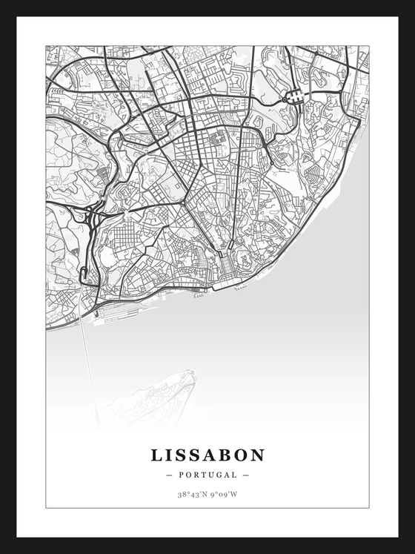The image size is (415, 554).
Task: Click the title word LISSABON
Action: pyautogui.click(x=207, y=455)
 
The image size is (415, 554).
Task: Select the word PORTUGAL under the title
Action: pyautogui.click(x=207, y=475)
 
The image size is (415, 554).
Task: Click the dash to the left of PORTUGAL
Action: pyautogui.click(x=170, y=475)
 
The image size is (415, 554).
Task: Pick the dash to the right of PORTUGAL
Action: pyautogui.click(x=246, y=475)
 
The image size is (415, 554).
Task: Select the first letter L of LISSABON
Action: pyautogui.click(x=157, y=455)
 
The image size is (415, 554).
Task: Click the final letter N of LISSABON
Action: pyautogui.click(x=258, y=455)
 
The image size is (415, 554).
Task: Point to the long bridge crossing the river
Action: pyautogui.click(x=89, y=363)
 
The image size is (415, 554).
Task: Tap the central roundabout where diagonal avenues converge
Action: pyautogui.click(x=182, y=202)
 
